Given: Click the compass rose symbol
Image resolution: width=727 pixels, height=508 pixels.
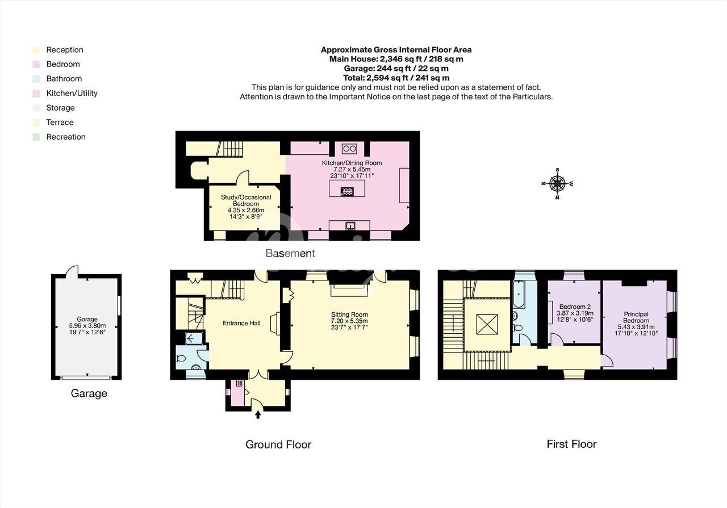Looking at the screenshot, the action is [557, 183].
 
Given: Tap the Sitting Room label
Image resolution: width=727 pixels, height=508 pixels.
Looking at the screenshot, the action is [349, 314].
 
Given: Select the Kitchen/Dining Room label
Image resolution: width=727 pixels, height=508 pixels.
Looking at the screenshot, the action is [352, 163].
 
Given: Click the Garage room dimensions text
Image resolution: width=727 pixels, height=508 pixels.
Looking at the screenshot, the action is [87, 329].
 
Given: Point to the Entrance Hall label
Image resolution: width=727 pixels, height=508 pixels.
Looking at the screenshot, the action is [241, 323].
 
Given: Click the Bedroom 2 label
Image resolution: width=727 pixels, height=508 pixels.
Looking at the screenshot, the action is [575, 307].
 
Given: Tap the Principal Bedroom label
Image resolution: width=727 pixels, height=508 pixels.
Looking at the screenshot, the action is [636, 317].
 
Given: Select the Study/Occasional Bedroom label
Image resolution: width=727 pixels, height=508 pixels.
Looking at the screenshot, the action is [246, 200].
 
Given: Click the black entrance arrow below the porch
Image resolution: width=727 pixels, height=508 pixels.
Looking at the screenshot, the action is [258, 414].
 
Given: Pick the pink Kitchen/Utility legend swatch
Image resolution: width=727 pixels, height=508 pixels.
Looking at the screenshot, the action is [36, 94].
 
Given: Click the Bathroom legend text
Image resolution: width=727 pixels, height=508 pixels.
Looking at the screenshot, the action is [64, 78].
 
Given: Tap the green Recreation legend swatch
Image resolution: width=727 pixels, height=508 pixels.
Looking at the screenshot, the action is [36, 137].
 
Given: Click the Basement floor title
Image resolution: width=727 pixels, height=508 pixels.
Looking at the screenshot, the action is [290, 253].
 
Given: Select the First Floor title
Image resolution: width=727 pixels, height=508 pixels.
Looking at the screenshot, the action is [571, 444].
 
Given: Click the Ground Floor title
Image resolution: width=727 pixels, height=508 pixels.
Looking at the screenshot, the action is [278, 444].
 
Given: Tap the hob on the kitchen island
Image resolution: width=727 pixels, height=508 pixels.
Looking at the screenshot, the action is [347, 191].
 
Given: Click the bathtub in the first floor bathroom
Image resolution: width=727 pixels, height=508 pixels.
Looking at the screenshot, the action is [519, 294].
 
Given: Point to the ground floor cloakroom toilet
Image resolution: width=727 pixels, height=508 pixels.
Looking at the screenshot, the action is [181, 359].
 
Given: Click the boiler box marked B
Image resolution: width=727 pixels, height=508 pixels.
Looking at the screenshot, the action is [240, 383].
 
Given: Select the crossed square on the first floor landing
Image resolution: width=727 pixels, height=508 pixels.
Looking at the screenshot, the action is [487, 324].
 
